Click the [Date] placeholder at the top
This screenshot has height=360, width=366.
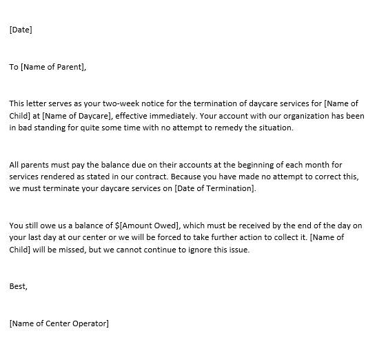tap(21, 30)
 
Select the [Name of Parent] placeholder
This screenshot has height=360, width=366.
tap(54, 67)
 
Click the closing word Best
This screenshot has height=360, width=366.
tap(19, 286)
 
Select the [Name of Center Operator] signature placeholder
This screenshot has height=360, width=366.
tap(59, 323)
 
